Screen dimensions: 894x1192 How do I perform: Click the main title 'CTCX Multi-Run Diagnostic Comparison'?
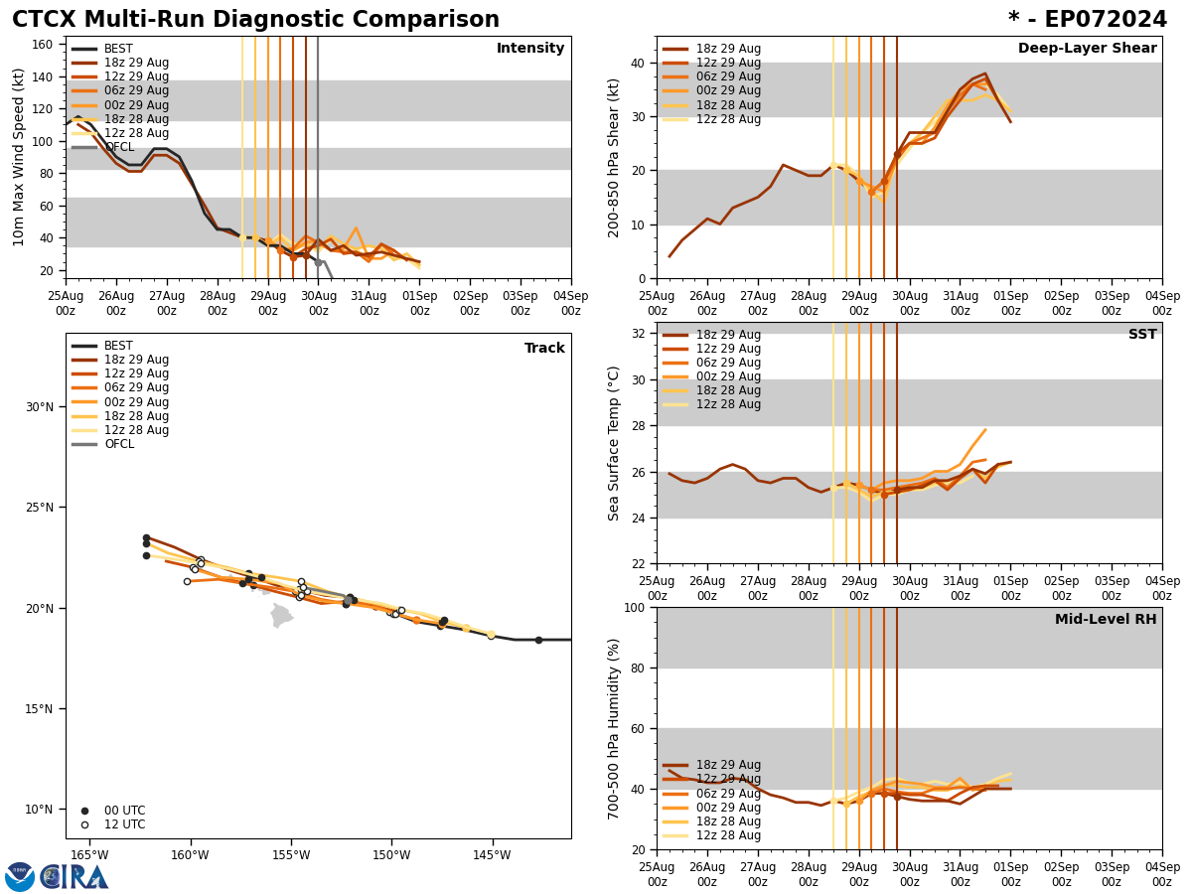[x=255, y=20]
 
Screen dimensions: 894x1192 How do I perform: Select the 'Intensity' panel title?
[x=530, y=49]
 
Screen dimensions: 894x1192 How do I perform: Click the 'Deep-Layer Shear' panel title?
[x=1087, y=49]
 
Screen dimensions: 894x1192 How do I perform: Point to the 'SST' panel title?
[x=1142, y=335]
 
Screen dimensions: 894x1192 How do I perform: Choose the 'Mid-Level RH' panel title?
[x=1106, y=620]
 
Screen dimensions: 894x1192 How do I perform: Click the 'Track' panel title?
[x=544, y=349]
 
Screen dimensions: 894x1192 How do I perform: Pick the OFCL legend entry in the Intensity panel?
[x=119, y=147]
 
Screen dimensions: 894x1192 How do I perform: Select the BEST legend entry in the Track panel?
[x=118, y=346]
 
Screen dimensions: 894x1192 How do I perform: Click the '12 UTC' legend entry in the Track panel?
[x=124, y=824]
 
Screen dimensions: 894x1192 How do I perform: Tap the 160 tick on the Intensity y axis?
[x=43, y=45]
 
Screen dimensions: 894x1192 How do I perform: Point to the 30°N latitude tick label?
[x=40, y=407]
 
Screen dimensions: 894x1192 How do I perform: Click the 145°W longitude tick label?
[x=492, y=855]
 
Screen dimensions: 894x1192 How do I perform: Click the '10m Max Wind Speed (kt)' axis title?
[x=19, y=157]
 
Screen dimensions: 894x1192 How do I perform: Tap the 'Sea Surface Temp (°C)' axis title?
[x=614, y=443]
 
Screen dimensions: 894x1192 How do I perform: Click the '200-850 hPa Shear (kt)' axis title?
[x=614, y=157]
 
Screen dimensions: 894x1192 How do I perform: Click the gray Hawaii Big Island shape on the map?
[x=282, y=616]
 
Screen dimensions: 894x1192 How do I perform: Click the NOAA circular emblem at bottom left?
[x=20, y=877]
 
